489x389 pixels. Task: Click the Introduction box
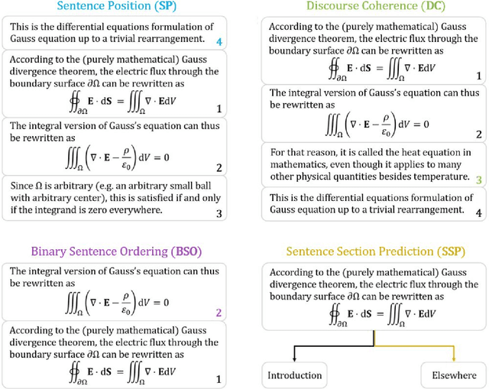(294, 375)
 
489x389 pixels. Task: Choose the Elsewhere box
(453, 375)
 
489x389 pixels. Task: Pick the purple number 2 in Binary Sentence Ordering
(219, 313)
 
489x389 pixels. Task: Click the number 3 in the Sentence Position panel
(219, 213)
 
